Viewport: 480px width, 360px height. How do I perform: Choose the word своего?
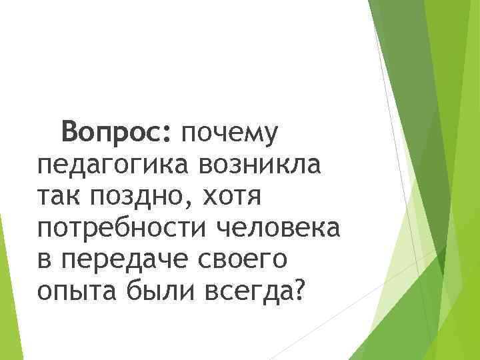(243, 260)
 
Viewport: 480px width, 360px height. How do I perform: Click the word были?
(150, 290)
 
